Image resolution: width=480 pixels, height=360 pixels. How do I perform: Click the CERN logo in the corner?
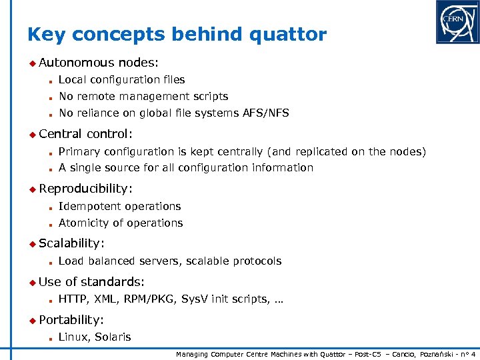(457, 22)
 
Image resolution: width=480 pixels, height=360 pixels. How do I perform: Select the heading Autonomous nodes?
(99, 63)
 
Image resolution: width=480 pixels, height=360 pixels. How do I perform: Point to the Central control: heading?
(86, 134)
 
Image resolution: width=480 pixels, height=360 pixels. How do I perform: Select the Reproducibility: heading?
(86, 189)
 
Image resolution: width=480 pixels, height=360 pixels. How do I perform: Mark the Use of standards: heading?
(92, 282)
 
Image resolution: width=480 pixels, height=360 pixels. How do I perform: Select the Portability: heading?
(71, 320)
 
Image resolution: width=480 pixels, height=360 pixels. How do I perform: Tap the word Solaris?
(113, 337)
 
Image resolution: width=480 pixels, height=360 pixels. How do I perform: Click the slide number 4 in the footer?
(473, 355)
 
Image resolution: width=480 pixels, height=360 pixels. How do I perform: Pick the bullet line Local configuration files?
(122, 80)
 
